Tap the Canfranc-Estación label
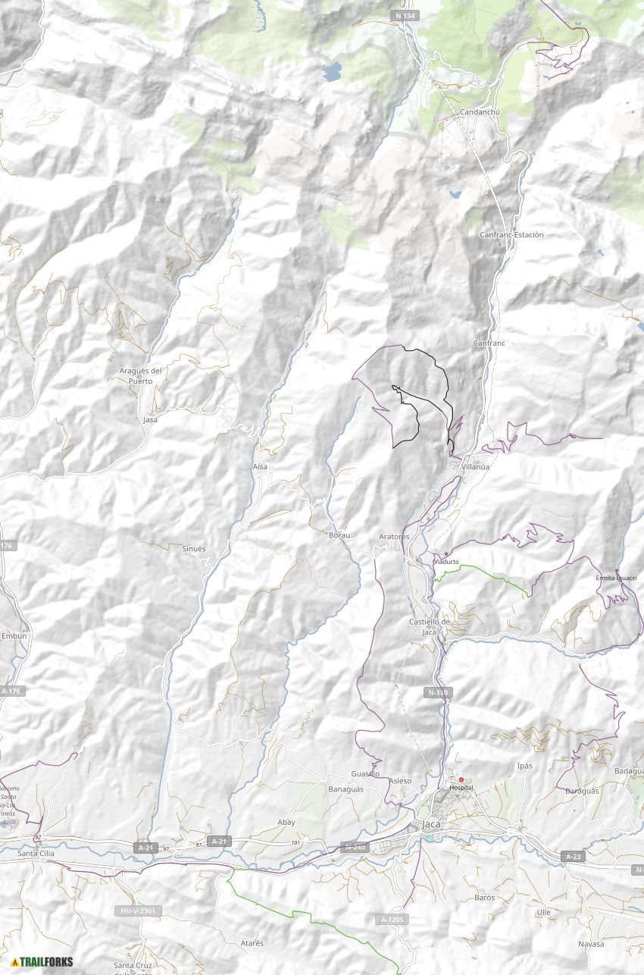(x=511, y=235)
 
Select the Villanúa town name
(x=475, y=467)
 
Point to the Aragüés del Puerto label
(x=142, y=375)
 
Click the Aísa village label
(x=260, y=467)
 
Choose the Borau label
(x=339, y=535)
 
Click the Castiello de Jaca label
(x=430, y=626)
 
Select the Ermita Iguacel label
(x=615, y=578)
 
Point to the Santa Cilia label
(x=36, y=854)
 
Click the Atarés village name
(x=252, y=943)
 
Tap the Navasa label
(x=591, y=944)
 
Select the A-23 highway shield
(x=574, y=856)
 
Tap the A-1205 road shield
(x=390, y=920)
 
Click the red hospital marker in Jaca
(x=461, y=779)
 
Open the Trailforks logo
(x=42, y=962)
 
